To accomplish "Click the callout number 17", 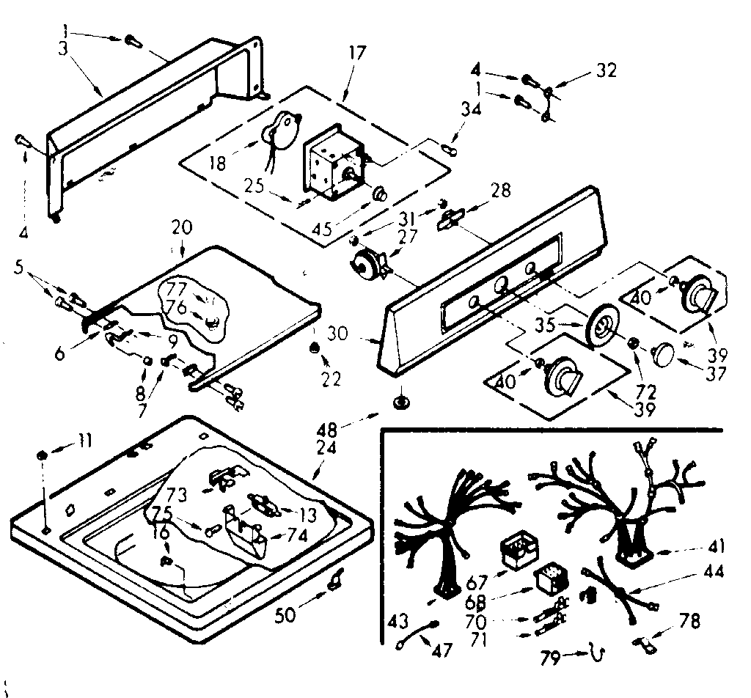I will [358, 54].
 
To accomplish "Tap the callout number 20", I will [181, 227].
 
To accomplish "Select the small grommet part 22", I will [314, 348].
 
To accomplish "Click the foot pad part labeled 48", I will [401, 401].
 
